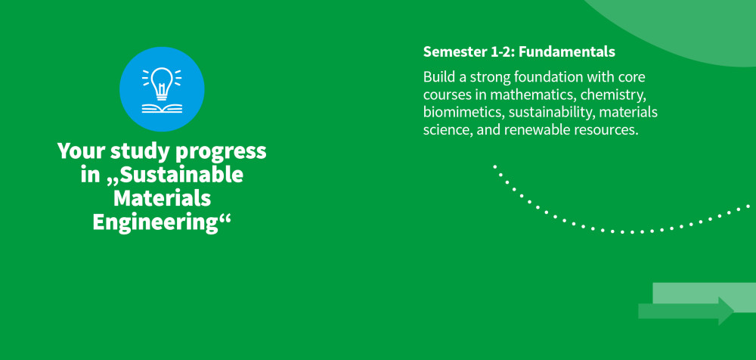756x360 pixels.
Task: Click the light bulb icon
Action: point(162,82)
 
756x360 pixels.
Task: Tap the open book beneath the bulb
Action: point(162,108)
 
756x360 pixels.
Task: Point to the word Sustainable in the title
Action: point(181,175)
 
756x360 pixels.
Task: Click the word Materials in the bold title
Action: point(162,198)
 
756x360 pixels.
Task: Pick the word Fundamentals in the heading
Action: point(567,52)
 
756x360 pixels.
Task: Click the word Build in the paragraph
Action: point(435,77)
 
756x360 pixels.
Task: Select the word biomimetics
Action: point(463,113)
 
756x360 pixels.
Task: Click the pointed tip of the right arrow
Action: point(734,311)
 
